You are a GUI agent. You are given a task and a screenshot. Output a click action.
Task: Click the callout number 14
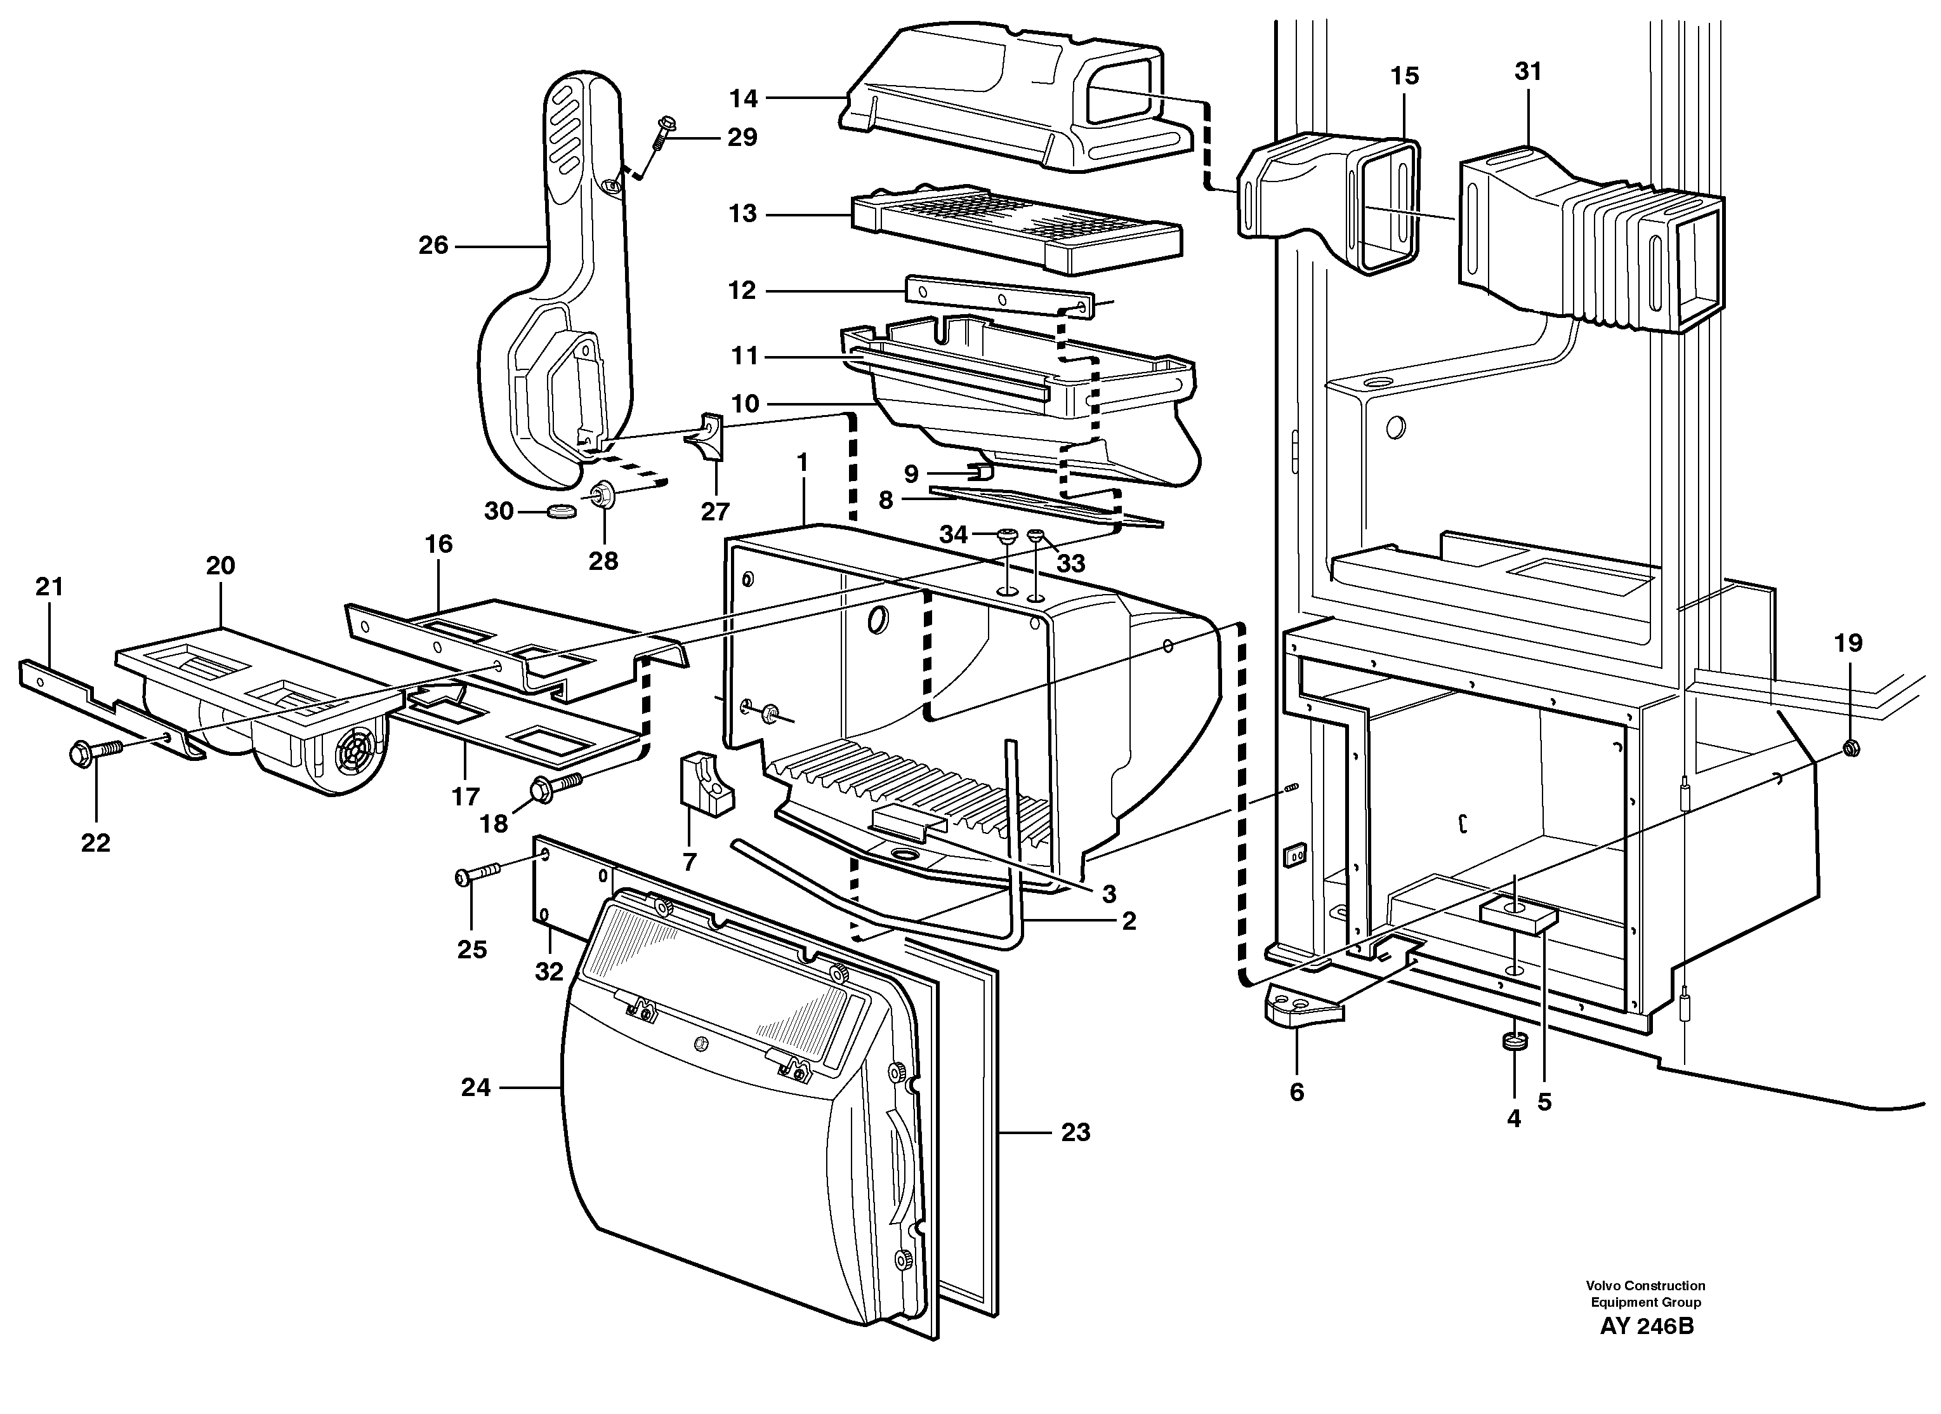click(x=743, y=98)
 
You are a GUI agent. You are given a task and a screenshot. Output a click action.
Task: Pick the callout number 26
click(x=433, y=246)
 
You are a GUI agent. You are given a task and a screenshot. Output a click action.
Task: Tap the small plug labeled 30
click(x=560, y=512)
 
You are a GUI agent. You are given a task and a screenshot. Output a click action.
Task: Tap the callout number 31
click(x=1528, y=72)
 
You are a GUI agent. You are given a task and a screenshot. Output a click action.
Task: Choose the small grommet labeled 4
click(x=1515, y=1043)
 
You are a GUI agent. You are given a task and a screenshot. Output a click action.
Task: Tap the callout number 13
click(x=743, y=213)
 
